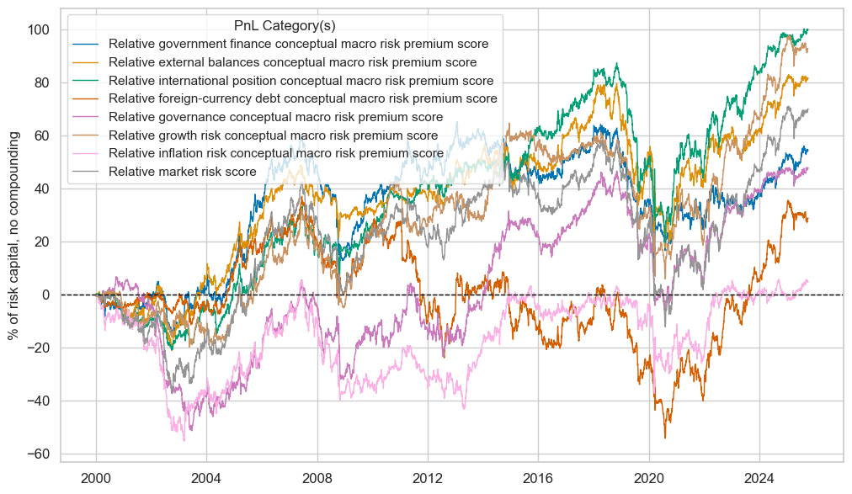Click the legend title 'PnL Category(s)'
tap(285, 25)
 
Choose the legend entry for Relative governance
tap(275, 117)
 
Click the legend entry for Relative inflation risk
tap(276, 153)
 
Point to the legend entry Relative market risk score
tap(193, 171)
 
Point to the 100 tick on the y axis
tap(72, 30)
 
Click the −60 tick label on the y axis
tap(69, 454)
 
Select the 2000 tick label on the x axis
tap(96, 478)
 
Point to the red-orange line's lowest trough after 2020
tap(665, 438)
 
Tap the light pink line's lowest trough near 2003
tap(184, 441)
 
